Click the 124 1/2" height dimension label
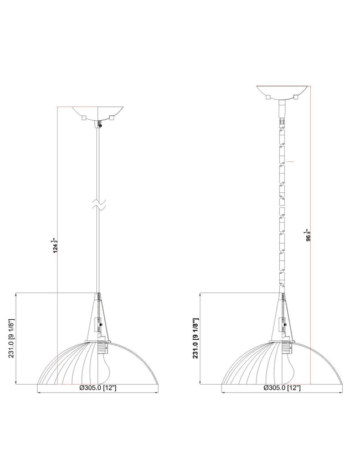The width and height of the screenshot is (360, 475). pos(55,246)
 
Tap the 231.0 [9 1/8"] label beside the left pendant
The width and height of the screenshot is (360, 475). pos(12,338)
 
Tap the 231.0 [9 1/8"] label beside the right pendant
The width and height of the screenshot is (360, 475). pos(196,338)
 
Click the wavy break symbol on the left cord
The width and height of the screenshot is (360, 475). pos(99,204)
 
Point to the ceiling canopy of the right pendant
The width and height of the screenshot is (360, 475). pos(282,93)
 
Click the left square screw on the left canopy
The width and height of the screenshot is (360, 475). pos(84,118)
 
